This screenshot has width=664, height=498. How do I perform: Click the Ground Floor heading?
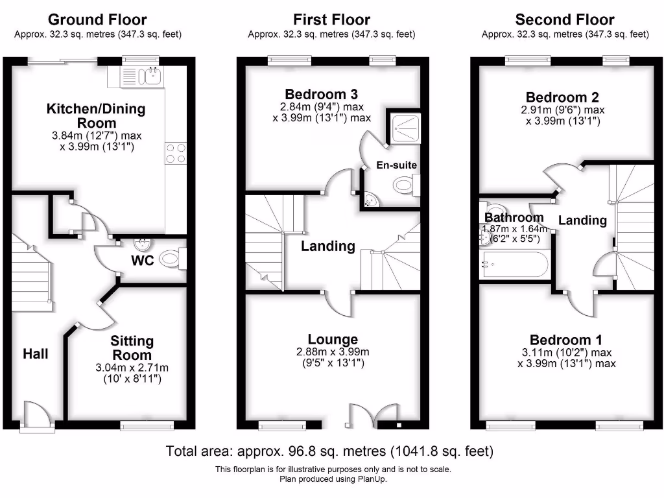point(97,19)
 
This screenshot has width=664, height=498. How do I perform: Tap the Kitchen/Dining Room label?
point(96,115)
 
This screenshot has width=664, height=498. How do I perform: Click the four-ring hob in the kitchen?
point(176,153)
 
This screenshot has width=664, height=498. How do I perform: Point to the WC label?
point(142,260)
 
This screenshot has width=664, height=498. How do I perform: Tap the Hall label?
point(36,353)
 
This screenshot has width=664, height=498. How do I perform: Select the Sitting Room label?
point(132,348)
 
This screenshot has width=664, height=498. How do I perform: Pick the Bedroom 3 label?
point(321,94)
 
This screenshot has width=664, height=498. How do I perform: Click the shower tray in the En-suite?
point(406,128)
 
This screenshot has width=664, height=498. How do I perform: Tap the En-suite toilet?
point(406,185)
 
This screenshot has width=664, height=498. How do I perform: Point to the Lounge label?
point(333,339)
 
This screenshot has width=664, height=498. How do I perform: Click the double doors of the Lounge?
point(373,416)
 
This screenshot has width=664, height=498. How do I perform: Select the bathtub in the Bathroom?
point(514,265)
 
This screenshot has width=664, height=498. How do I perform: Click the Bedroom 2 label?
point(562,97)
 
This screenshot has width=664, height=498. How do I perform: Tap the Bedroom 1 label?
point(565,340)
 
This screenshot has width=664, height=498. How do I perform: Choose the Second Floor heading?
point(565,19)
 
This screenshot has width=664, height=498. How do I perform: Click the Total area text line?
point(329,451)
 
